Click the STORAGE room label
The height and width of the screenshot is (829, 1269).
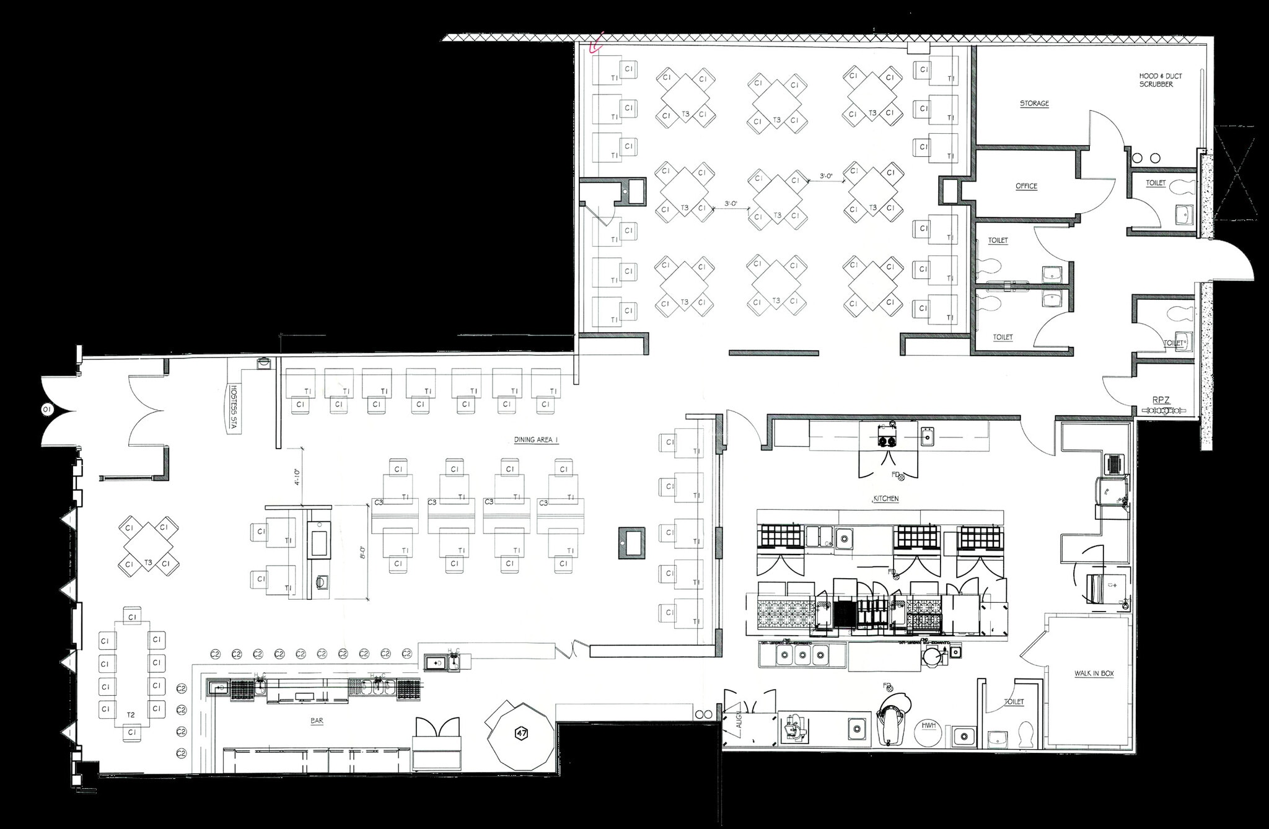pos(1034,103)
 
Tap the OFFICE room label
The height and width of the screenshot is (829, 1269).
pos(1026,186)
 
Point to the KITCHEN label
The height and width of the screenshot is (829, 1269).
pos(885,498)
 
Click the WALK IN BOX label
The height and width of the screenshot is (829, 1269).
pos(1094,673)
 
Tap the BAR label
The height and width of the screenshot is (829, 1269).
pos(318,721)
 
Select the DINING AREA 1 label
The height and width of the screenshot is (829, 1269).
pos(536,439)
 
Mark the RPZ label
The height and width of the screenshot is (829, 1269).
pos(1161,400)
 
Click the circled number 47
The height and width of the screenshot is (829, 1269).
pos(521,734)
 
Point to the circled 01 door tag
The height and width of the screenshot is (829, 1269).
pos(45,409)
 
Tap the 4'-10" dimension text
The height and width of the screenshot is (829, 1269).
pos(297,476)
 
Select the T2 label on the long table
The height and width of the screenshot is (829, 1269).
pos(131,714)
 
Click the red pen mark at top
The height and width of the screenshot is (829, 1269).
pos(596,45)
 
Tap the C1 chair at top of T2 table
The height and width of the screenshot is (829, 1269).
pos(131,616)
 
